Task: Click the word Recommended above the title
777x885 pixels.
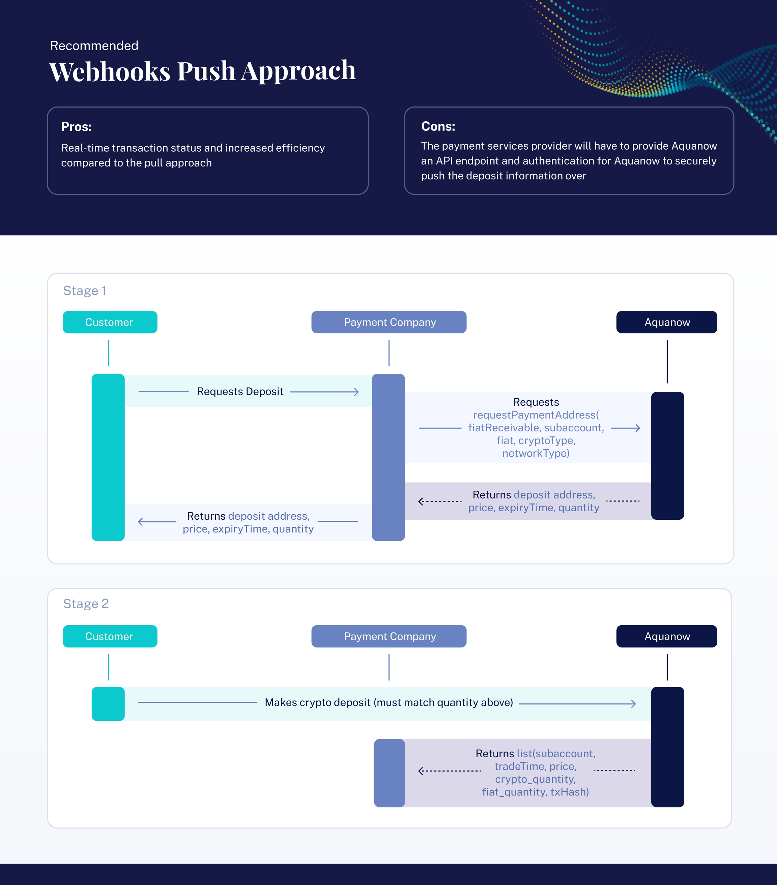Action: (x=94, y=45)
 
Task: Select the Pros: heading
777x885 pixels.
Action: (x=76, y=126)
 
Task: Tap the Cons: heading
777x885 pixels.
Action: (x=438, y=126)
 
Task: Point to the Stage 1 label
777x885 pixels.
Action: (x=85, y=291)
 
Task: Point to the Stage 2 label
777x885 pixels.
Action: (x=86, y=604)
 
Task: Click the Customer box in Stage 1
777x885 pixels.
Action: (x=110, y=322)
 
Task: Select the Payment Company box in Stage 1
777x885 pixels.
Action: (x=389, y=322)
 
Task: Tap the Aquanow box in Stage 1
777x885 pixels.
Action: (x=666, y=322)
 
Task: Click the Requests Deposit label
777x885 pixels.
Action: (x=240, y=391)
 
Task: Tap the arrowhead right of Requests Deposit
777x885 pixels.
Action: (x=356, y=392)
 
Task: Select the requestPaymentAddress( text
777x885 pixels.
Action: (x=536, y=415)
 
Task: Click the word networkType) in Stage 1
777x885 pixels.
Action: (x=536, y=453)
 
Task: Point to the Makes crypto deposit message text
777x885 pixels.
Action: (x=389, y=702)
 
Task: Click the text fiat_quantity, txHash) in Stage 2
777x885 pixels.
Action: (x=535, y=792)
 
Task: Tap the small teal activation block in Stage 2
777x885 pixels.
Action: (x=108, y=704)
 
